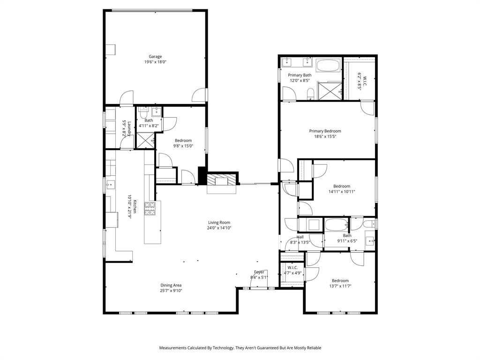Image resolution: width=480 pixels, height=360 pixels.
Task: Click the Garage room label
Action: [x=155, y=57]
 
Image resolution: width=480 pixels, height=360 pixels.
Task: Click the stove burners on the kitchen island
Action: [x=150, y=209]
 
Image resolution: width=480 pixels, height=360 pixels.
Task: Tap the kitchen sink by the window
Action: [x=111, y=184]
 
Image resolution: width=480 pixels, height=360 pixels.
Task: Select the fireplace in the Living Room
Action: [x=222, y=181]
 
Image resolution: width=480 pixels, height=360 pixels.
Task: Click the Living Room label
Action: [x=219, y=223]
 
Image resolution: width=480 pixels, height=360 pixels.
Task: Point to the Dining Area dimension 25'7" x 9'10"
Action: [x=171, y=291]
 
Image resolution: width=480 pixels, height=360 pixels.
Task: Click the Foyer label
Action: [x=259, y=272]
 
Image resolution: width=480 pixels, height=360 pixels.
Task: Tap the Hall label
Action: [x=300, y=237]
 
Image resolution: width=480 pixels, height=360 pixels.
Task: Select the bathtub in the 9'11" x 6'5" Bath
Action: [x=337, y=225]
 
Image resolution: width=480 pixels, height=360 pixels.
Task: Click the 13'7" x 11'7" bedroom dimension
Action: [x=340, y=286]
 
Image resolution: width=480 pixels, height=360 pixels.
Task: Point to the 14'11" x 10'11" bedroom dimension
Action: [x=342, y=191]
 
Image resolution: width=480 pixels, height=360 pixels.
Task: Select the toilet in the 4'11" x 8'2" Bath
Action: [x=143, y=113]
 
